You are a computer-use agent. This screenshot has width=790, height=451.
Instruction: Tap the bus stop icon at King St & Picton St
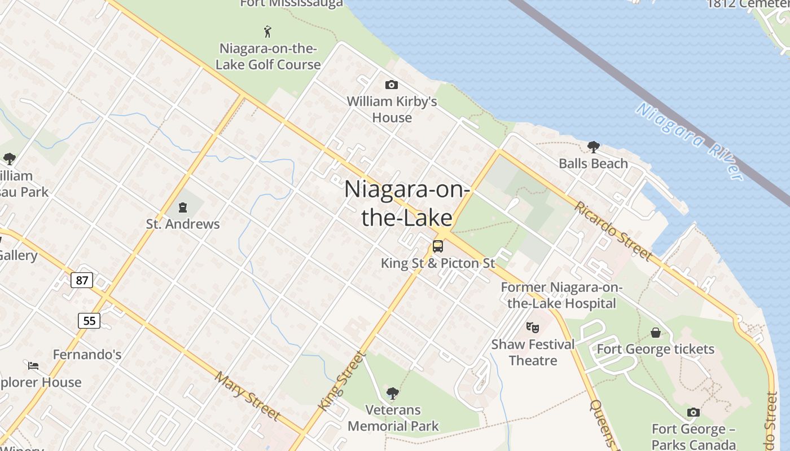[438, 246]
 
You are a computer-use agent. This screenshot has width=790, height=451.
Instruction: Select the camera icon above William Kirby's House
[391, 85]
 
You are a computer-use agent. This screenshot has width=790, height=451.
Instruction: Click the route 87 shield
[82, 280]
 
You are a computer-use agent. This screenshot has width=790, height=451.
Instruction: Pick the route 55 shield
[89, 321]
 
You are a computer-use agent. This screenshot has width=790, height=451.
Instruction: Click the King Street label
[341, 381]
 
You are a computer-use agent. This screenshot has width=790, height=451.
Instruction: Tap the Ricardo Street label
[613, 231]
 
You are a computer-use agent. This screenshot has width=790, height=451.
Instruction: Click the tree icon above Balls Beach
[593, 147]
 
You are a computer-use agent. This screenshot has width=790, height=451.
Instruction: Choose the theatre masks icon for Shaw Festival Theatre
[532, 327]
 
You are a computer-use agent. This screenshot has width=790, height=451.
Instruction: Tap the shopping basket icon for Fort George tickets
[655, 333]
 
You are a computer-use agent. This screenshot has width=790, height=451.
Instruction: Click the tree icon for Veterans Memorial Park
[393, 393]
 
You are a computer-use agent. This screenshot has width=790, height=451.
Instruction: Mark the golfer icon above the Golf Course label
[267, 32]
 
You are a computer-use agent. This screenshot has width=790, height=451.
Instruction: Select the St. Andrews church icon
[182, 207]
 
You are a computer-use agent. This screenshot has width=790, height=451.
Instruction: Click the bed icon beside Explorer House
[33, 366]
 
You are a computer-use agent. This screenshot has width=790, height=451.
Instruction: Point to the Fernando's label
[87, 355]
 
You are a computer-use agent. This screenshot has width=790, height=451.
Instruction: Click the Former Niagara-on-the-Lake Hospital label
[561, 295]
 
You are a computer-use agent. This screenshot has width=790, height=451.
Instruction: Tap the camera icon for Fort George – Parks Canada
[694, 413]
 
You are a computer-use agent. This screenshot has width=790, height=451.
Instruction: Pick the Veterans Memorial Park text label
[393, 418]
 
